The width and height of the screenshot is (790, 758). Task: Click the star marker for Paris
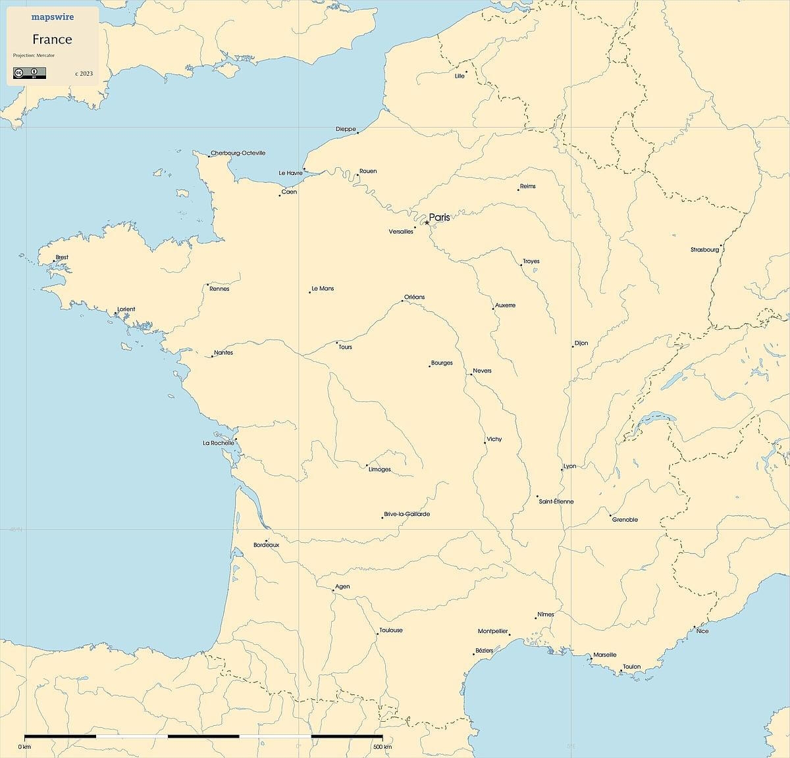[x=427, y=222]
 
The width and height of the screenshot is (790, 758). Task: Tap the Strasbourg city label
[x=704, y=250]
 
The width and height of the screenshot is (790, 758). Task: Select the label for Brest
[x=62, y=257]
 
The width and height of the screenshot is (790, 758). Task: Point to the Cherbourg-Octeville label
[x=238, y=153]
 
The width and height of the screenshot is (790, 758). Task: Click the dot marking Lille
[x=467, y=72]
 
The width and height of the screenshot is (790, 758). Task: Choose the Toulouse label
[x=391, y=630]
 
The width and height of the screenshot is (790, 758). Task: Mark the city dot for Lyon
[x=562, y=469]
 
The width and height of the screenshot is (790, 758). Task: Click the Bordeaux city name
[x=267, y=545]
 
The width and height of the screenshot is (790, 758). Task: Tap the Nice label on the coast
[x=702, y=631]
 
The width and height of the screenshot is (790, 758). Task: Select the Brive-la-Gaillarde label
[x=407, y=514]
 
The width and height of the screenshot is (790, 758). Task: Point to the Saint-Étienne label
[x=556, y=501]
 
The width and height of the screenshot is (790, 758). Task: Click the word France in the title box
[x=52, y=39]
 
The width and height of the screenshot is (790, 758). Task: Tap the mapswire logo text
[x=53, y=17]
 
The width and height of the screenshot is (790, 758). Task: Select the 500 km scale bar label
[x=382, y=747]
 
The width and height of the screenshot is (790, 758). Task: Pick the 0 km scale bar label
[x=24, y=747]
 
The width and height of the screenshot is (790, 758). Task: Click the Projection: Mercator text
[x=34, y=55]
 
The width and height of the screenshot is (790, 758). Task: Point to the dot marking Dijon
[x=573, y=347]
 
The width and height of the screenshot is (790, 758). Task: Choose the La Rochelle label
[x=219, y=443]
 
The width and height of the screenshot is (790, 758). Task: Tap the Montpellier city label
[x=492, y=631]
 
